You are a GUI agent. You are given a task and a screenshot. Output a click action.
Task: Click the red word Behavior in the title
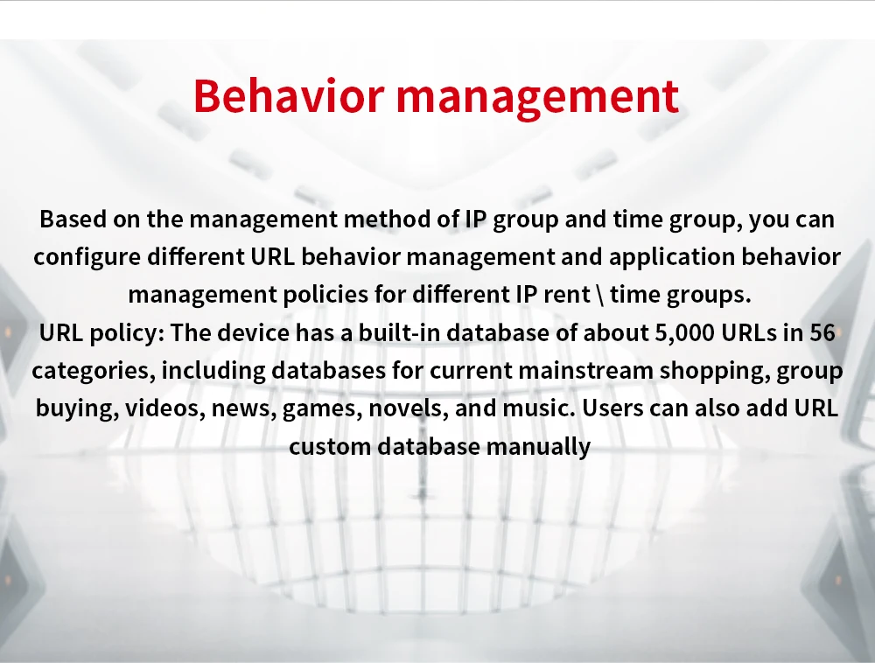289,96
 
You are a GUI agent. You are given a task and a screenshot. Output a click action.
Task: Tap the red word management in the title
537,99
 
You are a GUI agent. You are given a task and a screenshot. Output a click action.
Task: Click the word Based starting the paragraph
73,219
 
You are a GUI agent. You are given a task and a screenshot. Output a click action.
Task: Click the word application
672,258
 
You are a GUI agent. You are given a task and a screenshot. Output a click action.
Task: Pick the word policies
325,295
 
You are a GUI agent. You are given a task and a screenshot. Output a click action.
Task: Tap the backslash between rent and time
600,295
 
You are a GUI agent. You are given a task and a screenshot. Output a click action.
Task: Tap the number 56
822,333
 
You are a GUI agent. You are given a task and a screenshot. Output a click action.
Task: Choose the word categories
94,372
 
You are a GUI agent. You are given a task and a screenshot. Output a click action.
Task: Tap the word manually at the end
538,447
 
